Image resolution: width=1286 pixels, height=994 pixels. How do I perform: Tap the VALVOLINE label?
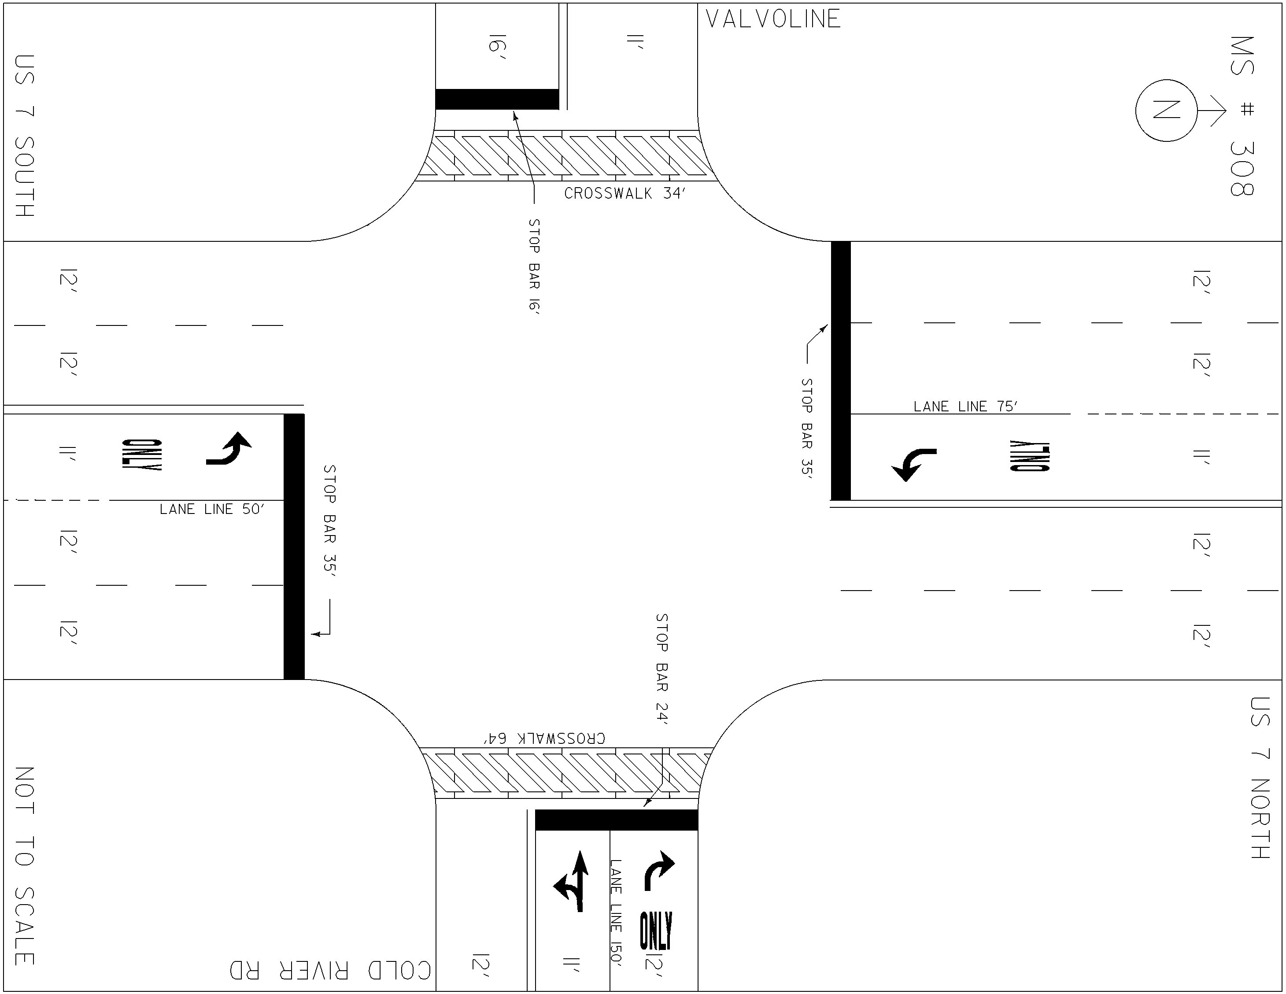pyautogui.click(x=773, y=19)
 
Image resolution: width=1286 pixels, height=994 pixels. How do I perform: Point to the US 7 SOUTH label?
pyautogui.click(x=25, y=136)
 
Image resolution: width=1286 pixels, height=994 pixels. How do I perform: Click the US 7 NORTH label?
pyautogui.click(x=1260, y=778)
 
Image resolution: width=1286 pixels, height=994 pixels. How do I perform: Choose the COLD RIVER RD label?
pyautogui.click(x=330, y=971)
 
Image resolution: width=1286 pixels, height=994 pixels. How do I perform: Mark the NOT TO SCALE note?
pyautogui.click(x=25, y=866)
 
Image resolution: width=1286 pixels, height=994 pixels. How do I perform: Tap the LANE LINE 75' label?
pyautogui.click(x=966, y=406)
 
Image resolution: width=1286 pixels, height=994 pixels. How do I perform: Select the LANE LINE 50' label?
pyautogui.click(x=212, y=509)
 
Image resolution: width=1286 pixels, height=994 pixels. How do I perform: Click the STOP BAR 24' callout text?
pyautogui.click(x=662, y=669)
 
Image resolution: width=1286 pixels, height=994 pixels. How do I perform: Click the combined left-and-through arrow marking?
pyautogui.click(x=572, y=881)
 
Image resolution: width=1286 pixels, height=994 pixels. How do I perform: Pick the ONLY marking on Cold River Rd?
pyautogui.click(x=656, y=931)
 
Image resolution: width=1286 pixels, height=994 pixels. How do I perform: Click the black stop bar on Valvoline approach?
pyautogui.click(x=497, y=99)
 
